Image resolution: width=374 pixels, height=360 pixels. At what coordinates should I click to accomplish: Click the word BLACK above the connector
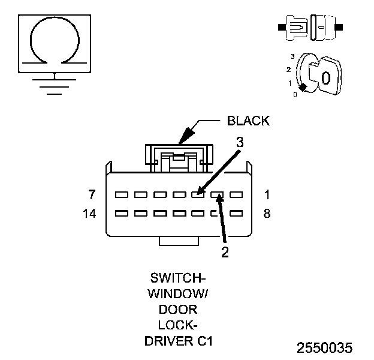tap(248, 121)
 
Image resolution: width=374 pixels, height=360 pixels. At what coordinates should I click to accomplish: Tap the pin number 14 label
tap(89, 213)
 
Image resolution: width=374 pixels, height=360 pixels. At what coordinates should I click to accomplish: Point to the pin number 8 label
tap(267, 213)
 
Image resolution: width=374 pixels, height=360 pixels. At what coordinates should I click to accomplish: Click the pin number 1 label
tap(267, 194)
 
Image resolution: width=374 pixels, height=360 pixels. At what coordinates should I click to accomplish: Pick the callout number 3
tap(239, 143)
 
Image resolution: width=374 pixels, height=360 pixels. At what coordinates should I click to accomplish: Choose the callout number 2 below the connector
tap(225, 252)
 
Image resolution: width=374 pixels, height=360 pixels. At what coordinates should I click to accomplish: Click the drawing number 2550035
tap(325, 348)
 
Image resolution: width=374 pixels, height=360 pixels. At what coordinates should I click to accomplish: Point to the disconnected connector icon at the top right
tap(310, 28)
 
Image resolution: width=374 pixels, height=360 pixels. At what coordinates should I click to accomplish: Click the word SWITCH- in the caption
tap(178, 279)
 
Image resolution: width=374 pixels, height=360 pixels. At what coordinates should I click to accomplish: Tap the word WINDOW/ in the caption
tap(178, 295)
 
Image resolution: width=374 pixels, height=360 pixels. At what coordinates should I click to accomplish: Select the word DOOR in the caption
tap(178, 310)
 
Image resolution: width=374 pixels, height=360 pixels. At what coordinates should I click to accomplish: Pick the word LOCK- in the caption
tap(178, 326)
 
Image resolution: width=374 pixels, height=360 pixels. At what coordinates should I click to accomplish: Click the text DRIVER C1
tap(178, 341)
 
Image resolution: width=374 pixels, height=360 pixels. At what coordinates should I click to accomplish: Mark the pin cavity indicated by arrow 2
tap(218, 195)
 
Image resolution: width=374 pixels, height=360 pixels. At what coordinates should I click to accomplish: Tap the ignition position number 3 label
tap(292, 56)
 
